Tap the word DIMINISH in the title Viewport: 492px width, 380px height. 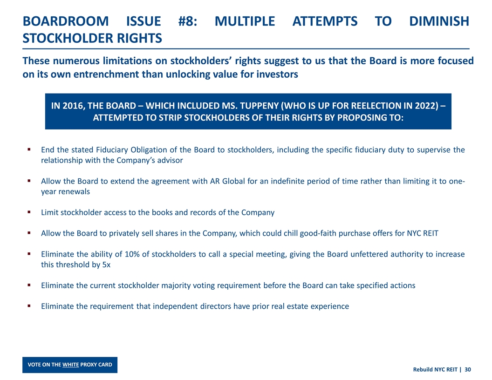tap(439, 21)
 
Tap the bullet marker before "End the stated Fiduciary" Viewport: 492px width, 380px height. tap(29, 150)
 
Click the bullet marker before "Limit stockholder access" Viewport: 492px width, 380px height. tap(29, 212)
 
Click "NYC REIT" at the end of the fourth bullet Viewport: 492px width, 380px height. tap(422, 233)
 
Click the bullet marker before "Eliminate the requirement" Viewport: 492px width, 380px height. tap(29, 306)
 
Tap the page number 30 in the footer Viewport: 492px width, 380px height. tap(468, 369)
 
